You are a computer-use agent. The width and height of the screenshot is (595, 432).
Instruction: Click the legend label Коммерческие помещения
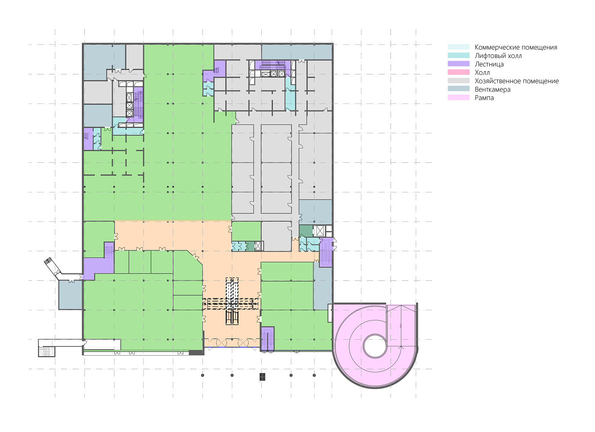pos(516,47)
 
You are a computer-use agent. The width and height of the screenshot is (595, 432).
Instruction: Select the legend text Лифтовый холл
pos(498,56)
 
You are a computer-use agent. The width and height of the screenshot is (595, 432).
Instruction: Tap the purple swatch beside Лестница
pos(459,64)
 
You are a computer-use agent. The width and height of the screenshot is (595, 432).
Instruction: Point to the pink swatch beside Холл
pos(459,72)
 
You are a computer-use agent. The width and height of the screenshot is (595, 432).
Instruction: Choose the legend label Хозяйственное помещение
pos(517,81)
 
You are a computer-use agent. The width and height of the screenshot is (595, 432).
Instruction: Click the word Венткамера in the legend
pos(493,90)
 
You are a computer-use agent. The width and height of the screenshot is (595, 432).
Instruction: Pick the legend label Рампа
pos(484,98)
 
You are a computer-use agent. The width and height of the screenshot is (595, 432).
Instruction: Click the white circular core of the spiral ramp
pos(375,346)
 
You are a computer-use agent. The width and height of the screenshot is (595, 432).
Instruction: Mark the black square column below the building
pos(262,377)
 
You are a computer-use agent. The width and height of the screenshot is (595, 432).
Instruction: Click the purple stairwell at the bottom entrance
pos(268,339)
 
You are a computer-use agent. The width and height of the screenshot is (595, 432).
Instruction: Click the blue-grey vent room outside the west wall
pos(70,295)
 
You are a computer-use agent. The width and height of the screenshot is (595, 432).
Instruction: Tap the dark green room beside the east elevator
pos(306,231)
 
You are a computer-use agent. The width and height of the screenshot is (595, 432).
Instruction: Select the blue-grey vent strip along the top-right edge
pos(297,52)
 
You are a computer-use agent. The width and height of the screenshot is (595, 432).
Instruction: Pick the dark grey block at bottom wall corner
pos(196,353)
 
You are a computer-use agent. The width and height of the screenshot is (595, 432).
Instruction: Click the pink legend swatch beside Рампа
pos(459,98)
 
